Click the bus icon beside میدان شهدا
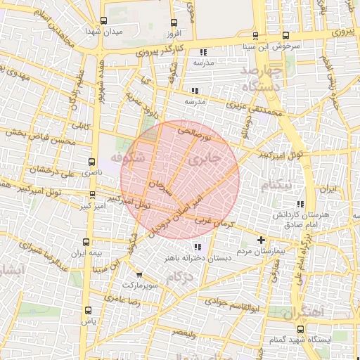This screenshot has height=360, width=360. pyautogui.click(x=105, y=21)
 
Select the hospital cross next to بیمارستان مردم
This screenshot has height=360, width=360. pyautogui.click(x=261, y=240)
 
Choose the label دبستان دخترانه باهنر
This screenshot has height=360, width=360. pyautogui.click(x=198, y=257)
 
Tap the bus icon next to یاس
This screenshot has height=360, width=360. pyautogui.click(x=88, y=310)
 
